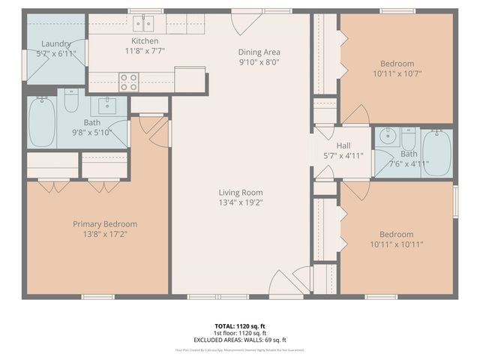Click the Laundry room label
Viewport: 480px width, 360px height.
[56, 44]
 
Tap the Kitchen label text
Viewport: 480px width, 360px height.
[145, 41]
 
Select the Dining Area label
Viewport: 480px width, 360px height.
[259, 52]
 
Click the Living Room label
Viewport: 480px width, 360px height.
[240, 192]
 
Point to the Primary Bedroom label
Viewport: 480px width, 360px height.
[105, 223]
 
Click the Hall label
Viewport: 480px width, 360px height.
[343, 145]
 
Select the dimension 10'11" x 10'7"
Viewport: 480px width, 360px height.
[396, 73]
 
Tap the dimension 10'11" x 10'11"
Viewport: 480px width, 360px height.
[396, 244]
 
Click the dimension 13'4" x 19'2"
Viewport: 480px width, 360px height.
[240, 202]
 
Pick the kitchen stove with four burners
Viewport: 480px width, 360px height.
[128, 81]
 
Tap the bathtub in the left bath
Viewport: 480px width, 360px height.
[41, 122]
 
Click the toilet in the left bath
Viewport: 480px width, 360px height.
[71, 100]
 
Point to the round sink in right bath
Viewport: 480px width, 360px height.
[387, 136]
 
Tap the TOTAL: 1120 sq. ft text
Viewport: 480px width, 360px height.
[239, 326]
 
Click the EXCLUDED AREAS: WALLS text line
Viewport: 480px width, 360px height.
[239, 339]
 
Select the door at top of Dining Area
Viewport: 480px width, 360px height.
[247, 22]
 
